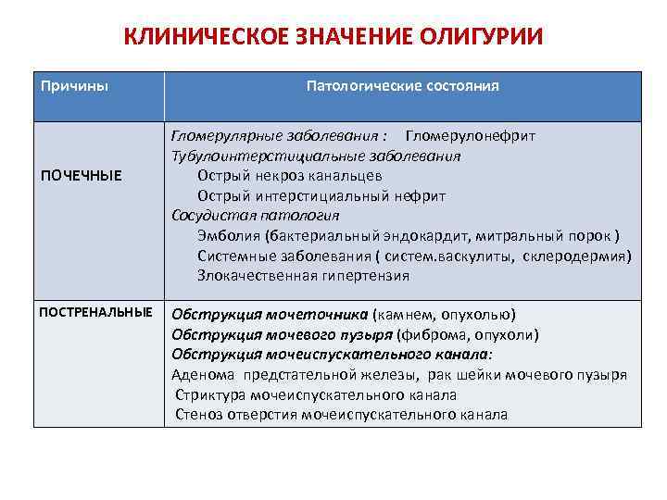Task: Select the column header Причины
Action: [74, 86]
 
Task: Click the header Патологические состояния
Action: [403, 86]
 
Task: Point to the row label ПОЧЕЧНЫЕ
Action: [81, 176]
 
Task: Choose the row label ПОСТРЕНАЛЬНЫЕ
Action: [95, 312]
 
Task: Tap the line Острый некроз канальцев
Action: [290, 176]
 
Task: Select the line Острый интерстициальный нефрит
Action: [321, 196]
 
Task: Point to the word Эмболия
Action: [223, 235]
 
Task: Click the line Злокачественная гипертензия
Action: [303, 275]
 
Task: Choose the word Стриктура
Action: [208, 395]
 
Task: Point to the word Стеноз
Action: [197, 415]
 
